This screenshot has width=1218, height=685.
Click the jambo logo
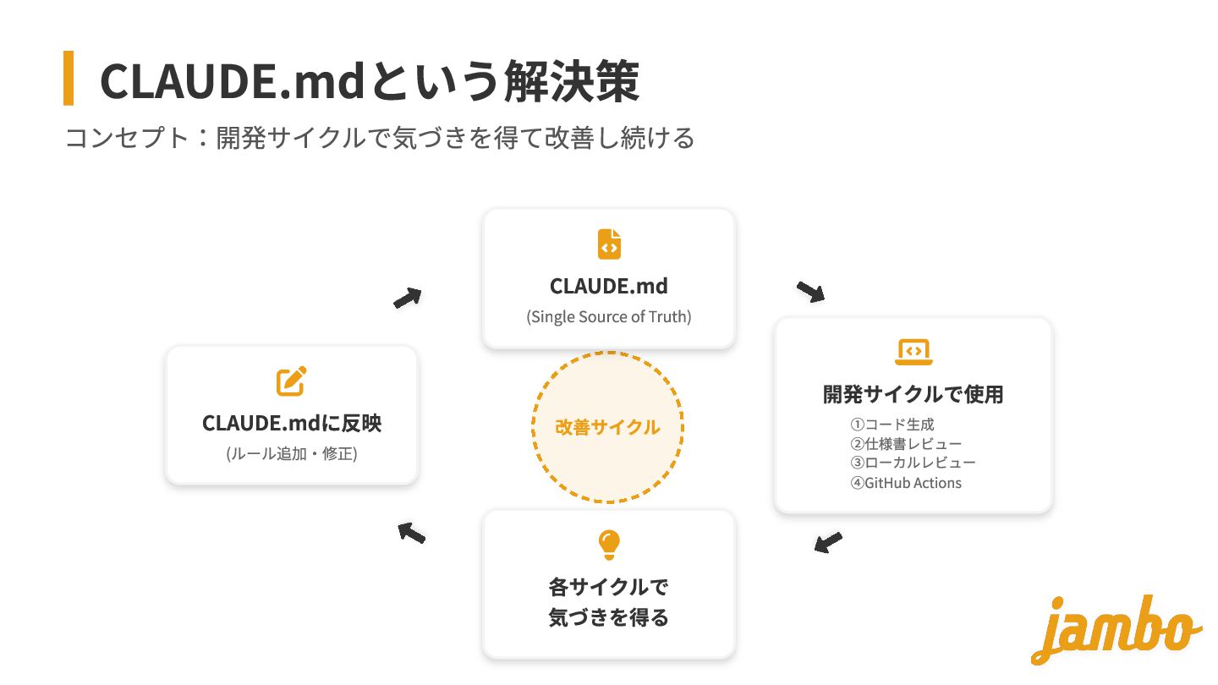click(1115, 629)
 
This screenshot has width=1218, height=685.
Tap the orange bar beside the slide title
click(69, 78)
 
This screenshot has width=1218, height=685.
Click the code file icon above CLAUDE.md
click(609, 244)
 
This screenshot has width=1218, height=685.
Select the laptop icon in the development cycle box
click(913, 351)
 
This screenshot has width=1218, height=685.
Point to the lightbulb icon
click(609, 545)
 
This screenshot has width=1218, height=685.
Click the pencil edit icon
click(292, 381)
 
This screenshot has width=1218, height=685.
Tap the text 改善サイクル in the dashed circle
click(607, 427)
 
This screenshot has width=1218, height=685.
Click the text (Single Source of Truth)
click(609, 317)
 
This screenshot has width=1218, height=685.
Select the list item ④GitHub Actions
click(906, 483)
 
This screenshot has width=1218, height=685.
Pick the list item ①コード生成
click(892, 425)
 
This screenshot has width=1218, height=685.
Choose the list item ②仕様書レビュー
click(906, 444)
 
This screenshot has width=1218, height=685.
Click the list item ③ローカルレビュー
click(913, 463)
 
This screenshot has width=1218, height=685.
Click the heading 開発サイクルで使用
click(913, 394)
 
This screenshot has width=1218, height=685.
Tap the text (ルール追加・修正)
click(292, 454)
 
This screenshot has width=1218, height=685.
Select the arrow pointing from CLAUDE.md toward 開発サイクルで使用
click(810, 292)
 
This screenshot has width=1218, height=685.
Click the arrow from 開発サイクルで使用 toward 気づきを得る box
click(828, 542)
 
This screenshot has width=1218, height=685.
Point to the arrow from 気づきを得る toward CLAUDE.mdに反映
click(411, 532)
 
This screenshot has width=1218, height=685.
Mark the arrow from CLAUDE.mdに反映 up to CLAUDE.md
click(408, 298)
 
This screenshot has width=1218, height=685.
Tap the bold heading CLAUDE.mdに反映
click(292, 423)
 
